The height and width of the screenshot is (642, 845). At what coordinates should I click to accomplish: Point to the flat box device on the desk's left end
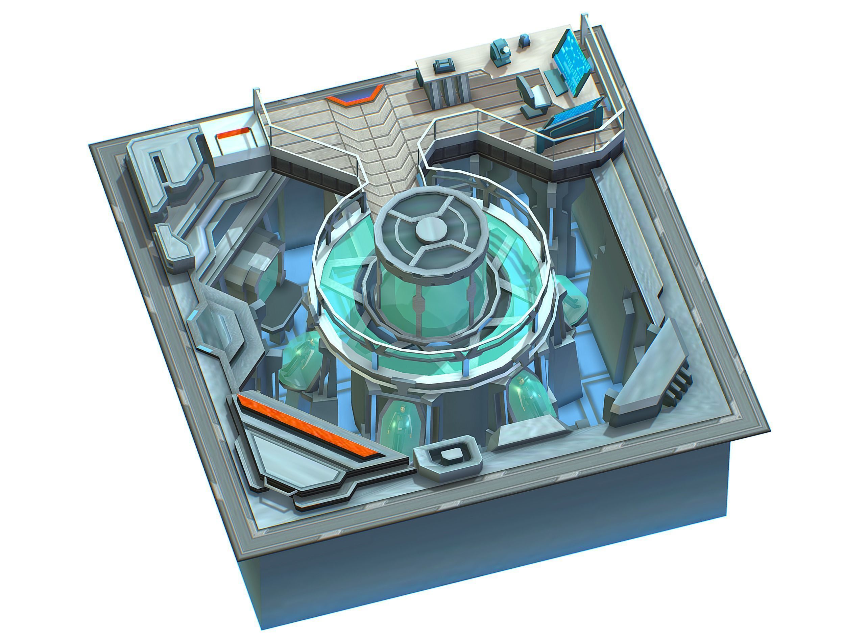coord(443,67)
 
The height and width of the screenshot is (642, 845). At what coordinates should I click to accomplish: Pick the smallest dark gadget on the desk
coord(523,41)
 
